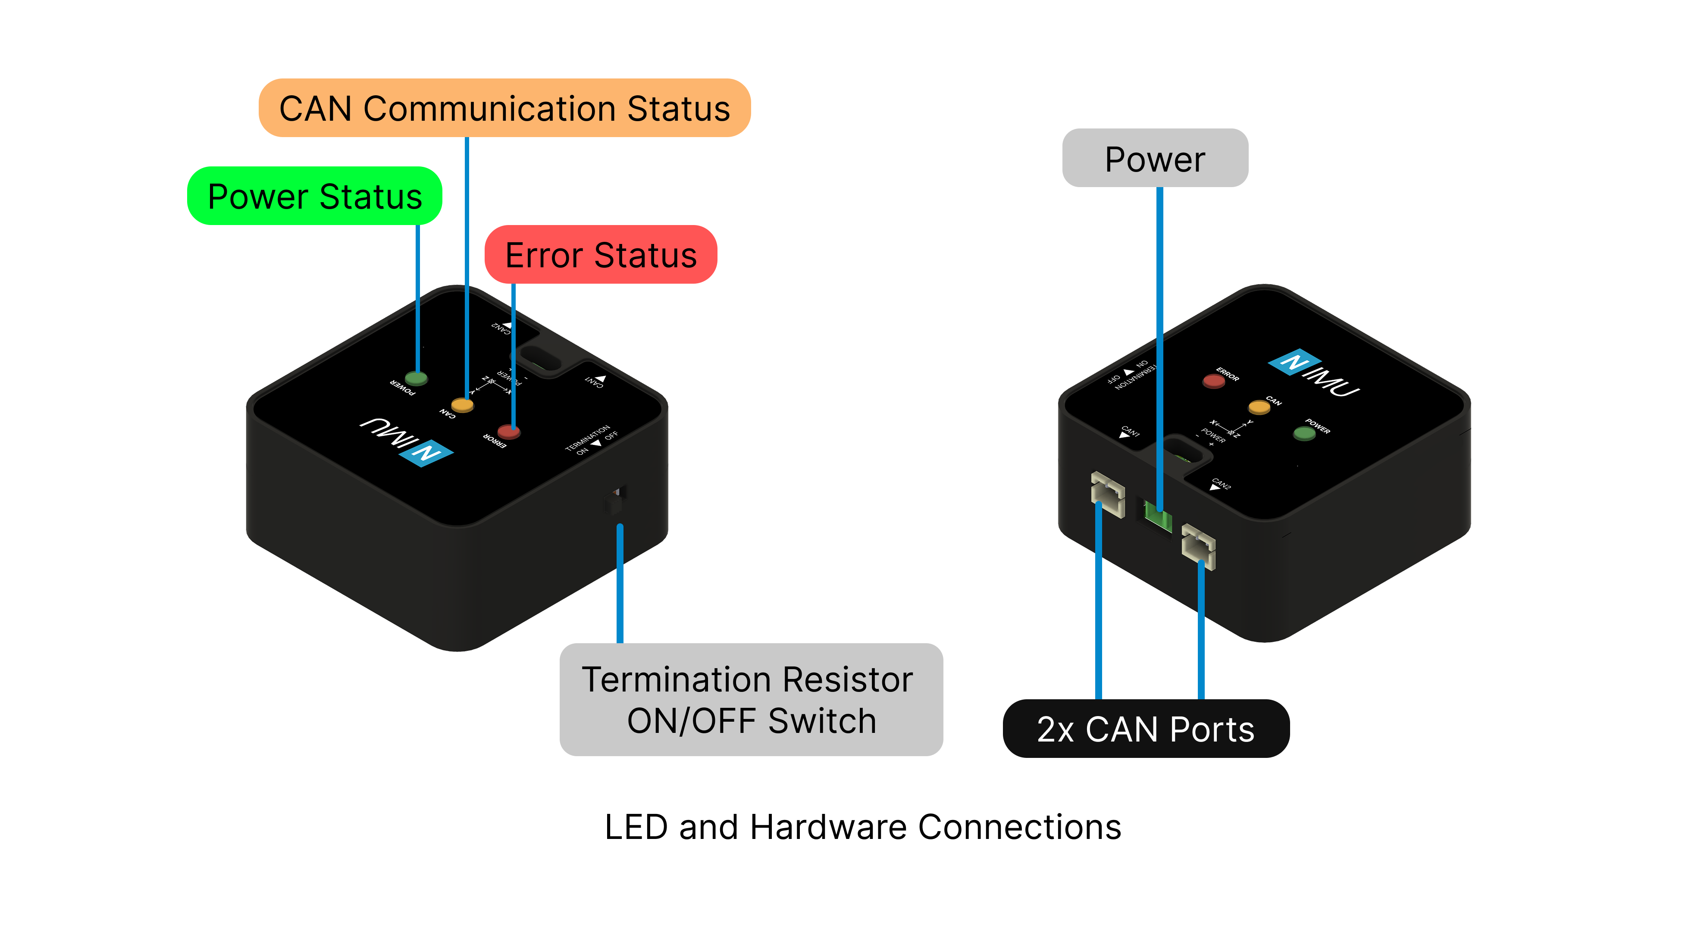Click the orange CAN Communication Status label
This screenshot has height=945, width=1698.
[x=504, y=108]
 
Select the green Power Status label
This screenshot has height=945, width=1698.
[x=314, y=197]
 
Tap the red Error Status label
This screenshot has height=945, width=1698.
[x=601, y=255]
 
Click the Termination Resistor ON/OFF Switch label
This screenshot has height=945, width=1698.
[x=751, y=700]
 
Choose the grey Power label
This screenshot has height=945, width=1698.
[x=1155, y=159]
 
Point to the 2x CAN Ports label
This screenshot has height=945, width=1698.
[x=1146, y=729]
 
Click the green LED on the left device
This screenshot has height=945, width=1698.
[x=416, y=378]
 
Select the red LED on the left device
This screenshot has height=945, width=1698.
[x=508, y=432]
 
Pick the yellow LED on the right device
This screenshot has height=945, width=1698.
[x=1259, y=407]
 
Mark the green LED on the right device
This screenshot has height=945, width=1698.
[x=1304, y=433]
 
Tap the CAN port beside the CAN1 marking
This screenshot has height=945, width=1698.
[x=1107, y=494]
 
